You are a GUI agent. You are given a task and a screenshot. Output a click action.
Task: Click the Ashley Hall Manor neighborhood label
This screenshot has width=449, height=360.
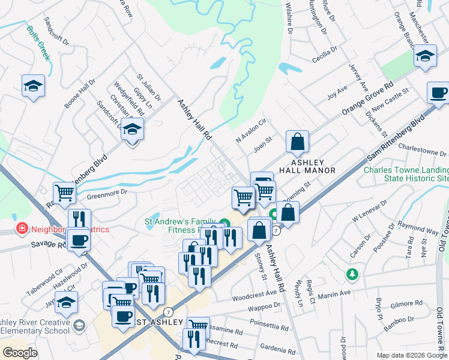click(308, 166)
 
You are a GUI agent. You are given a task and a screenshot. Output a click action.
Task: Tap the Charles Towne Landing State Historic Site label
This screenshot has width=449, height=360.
click(406, 174)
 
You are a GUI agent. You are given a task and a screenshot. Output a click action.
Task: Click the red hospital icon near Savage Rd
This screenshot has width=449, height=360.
click(22, 229)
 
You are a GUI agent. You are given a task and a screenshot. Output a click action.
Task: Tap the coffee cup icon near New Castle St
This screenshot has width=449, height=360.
click(438, 93)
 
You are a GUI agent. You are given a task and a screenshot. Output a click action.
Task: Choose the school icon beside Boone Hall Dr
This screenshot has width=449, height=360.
click(33, 86)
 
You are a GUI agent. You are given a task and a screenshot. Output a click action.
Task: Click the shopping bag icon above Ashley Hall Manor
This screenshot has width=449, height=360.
click(297, 142)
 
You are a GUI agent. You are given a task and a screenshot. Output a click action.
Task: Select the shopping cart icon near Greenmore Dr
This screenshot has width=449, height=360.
click(65, 193)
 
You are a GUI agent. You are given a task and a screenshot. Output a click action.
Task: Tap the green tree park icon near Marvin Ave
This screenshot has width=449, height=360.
click(352, 274)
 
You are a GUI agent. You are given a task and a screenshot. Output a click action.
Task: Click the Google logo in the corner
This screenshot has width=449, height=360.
click(20, 352)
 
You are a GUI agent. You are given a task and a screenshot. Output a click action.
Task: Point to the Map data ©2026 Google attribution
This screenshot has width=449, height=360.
click(411, 355)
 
